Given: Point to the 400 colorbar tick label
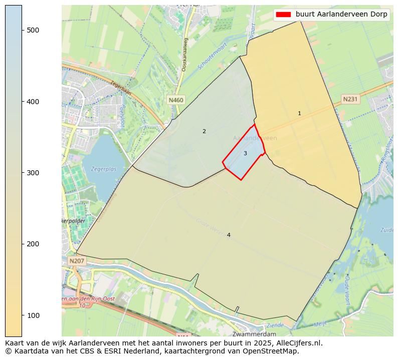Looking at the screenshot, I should [33, 102].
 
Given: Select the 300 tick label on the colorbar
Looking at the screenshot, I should [33, 173].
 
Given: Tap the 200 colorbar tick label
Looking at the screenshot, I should [33, 244].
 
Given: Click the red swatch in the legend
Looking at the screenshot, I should [283, 15].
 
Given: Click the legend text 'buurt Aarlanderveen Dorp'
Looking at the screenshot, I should [341, 15].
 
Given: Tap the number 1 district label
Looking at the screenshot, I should [299, 114].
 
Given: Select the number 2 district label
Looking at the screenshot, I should [204, 132].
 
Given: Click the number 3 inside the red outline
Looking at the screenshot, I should [245, 154].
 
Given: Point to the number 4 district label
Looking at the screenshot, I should [229, 235].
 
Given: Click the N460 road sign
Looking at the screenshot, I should [176, 100].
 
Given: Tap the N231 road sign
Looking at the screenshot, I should [349, 99].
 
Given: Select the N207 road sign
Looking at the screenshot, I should [77, 261].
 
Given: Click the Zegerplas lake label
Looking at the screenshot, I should [104, 169].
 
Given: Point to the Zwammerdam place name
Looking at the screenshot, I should [254, 334].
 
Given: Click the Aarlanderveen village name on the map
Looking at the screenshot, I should [255, 138].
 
